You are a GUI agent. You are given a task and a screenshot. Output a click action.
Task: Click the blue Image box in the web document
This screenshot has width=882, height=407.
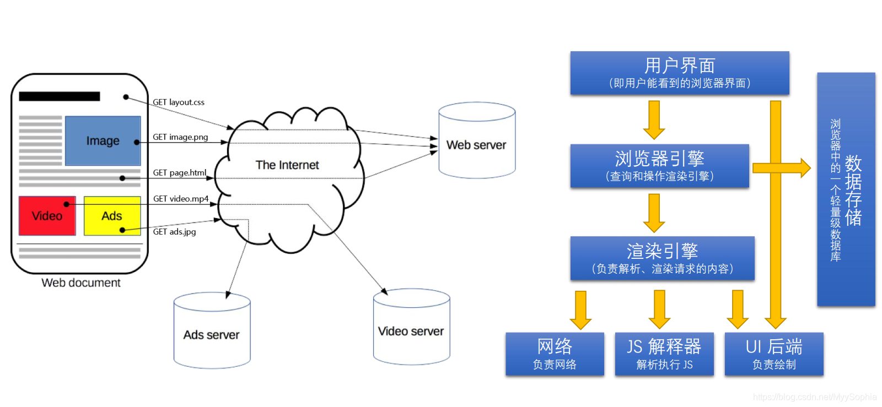(103, 140)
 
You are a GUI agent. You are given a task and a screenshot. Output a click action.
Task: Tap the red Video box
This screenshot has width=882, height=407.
(47, 216)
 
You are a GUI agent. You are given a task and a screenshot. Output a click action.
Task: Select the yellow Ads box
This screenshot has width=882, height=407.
(112, 216)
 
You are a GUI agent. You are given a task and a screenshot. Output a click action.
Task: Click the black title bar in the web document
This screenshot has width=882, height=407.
(60, 96)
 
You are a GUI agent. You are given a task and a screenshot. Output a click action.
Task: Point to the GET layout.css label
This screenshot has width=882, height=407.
(179, 102)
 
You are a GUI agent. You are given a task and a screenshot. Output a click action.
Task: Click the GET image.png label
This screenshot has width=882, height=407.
(180, 137)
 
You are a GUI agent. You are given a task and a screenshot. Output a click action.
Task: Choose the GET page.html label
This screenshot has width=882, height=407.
(180, 172)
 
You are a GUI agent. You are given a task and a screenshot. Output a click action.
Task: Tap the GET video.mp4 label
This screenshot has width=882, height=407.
(181, 199)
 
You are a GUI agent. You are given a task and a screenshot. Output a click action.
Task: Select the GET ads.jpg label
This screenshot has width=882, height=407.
(174, 232)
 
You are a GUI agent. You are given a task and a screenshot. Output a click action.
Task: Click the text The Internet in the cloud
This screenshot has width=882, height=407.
(287, 165)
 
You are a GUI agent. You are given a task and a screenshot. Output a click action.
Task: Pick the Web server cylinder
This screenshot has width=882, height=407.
(477, 140)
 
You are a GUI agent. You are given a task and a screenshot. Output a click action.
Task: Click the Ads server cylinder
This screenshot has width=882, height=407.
(212, 330)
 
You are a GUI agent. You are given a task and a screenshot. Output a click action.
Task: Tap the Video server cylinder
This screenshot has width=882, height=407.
(411, 327)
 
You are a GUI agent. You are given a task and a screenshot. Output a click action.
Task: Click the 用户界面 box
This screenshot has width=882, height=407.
(680, 73)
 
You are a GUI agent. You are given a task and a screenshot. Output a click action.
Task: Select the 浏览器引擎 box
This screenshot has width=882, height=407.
(659, 166)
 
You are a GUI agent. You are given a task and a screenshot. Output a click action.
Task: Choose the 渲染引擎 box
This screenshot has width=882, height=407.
(662, 258)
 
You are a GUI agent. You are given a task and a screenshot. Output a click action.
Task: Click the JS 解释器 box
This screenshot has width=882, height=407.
(664, 354)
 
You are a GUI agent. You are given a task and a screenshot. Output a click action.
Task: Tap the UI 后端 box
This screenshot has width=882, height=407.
(774, 354)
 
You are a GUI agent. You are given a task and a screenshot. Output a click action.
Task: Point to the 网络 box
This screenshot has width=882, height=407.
(555, 354)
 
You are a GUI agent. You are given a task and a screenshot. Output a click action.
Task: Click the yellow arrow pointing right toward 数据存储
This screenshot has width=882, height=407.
(782, 168)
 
